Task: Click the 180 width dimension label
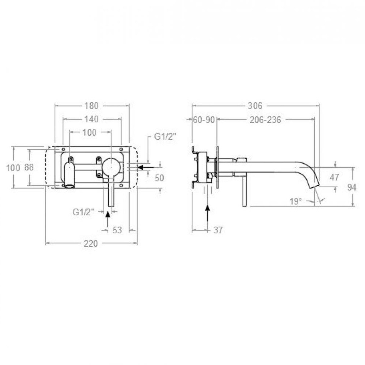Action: (x=92, y=106)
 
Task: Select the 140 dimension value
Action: (x=92, y=119)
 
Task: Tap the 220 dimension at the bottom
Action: (x=91, y=243)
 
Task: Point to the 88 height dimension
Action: (x=29, y=167)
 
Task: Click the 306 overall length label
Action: (x=255, y=106)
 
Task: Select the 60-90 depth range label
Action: (x=204, y=120)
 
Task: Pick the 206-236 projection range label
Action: (x=265, y=120)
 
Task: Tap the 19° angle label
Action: (x=295, y=201)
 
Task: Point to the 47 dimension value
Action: (x=334, y=177)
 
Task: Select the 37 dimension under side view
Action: (x=218, y=230)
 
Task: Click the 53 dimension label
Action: (x=117, y=230)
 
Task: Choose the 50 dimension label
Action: (x=159, y=178)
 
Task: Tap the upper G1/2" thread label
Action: (x=165, y=137)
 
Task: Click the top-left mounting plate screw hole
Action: (x=63, y=149)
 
